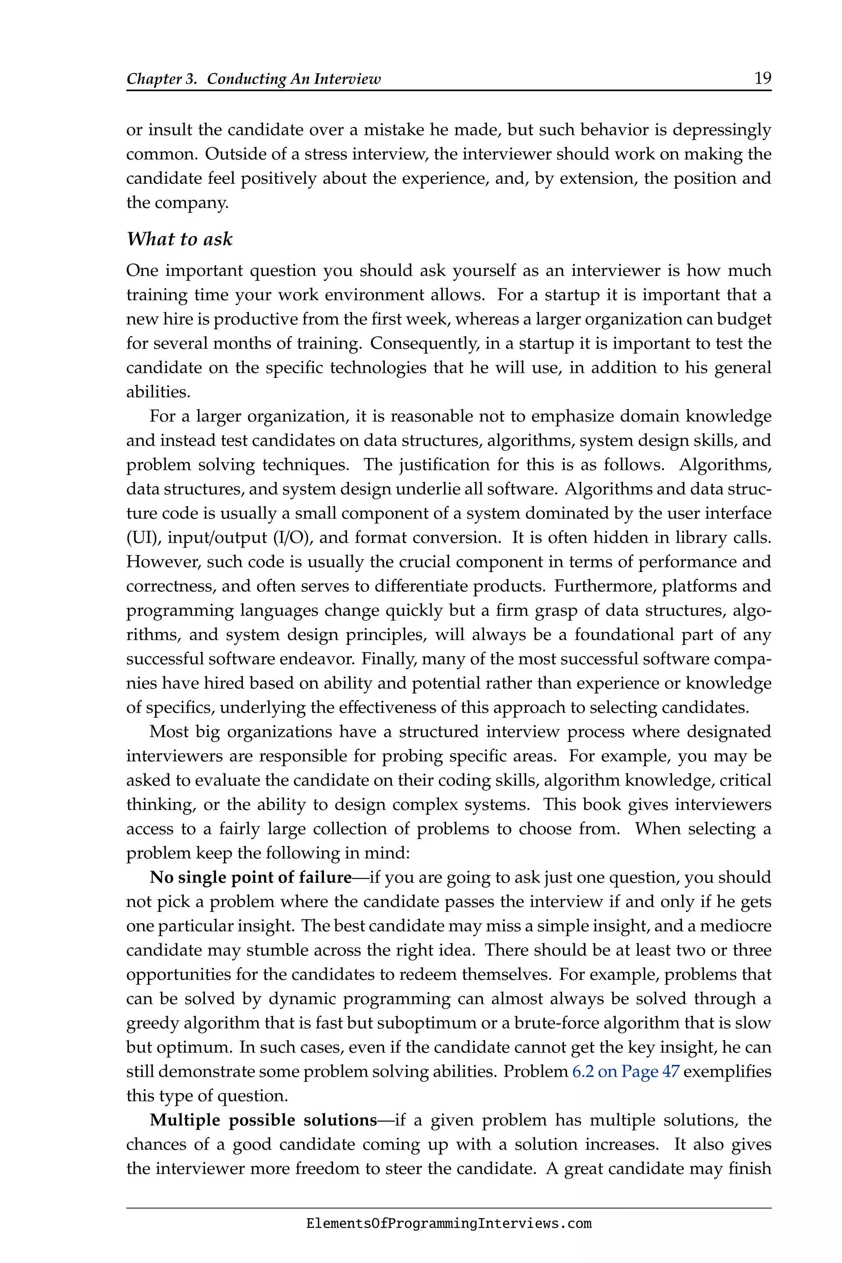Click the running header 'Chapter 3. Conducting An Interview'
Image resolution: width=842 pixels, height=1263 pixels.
(253, 79)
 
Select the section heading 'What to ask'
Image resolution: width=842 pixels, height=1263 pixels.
(179, 239)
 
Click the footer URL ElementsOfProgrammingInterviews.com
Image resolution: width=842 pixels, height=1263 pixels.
(449, 1224)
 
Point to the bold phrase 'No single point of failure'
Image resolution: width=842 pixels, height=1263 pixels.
(251, 877)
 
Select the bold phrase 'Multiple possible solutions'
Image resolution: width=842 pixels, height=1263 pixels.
(264, 1120)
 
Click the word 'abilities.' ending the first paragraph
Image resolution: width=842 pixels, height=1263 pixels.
(158, 392)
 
